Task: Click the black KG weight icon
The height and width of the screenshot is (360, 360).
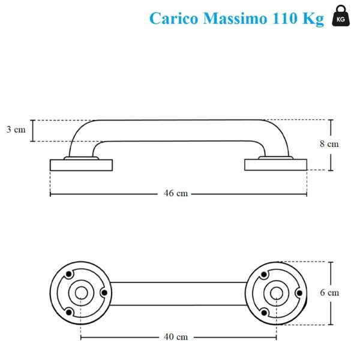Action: click(341, 16)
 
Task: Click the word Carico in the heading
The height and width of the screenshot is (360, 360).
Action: click(174, 19)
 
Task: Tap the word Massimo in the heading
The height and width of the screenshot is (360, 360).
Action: click(235, 18)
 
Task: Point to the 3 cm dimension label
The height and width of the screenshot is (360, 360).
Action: click(16, 130)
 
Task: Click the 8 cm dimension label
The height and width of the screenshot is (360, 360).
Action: click(329, 144)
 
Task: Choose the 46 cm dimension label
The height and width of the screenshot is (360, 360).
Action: click(176, 193)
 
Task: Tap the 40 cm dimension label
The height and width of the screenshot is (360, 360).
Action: click(176, 337)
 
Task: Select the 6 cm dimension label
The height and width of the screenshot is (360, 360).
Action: click(329, 293)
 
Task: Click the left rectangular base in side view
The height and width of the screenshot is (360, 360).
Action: click(81, 165)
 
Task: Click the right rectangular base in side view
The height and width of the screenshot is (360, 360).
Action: click(276, 164)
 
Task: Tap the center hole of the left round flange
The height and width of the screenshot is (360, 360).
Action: click(81, 293)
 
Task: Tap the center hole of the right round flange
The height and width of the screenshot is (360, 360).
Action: click(277, 293)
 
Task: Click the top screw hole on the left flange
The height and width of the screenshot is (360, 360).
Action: click(68, 274)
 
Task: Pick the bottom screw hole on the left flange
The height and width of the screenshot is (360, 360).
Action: click(68, 312)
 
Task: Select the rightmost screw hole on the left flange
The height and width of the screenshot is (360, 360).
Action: click(104, 293)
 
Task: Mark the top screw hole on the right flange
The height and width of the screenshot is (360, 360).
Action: click(264, 274)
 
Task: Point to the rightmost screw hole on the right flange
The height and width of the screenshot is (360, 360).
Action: click(299, 293)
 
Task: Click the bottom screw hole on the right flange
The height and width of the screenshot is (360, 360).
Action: click(264, 313)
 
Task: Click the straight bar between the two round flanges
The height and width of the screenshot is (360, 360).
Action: click(178, 293)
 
